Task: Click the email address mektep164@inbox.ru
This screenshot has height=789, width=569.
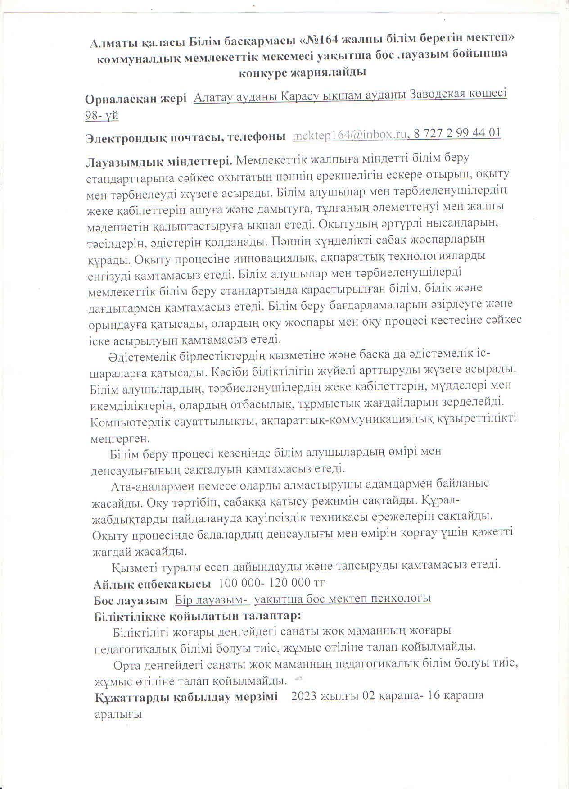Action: click(x=349, y=134)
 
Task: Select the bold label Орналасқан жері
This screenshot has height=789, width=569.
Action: click(x=135, y=100)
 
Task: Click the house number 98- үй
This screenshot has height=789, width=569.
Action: click(x=102, y=116)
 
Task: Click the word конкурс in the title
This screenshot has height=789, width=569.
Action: click(x=265, y=72)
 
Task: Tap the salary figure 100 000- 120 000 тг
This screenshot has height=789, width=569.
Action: click(x=271, y=583)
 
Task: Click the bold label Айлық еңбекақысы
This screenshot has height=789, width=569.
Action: click(x=152, y=585)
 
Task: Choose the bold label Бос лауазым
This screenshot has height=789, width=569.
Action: click(x=131, y=600)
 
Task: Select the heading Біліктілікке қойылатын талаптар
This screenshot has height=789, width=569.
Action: click(x=197, y=616)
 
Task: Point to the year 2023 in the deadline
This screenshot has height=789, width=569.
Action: click(x=305, y=696)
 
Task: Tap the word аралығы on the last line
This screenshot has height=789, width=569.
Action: click(x=118, y=714)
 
